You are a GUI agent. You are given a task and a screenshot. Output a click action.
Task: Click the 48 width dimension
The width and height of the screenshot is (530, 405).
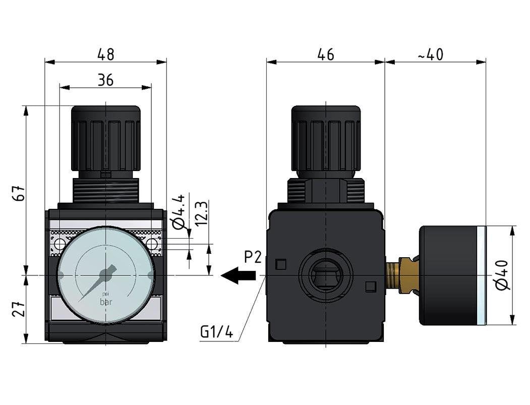pyautogui.click(x=105, y=54)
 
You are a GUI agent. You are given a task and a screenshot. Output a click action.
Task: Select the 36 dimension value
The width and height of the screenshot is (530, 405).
pyautogui.click(x=105, y=80)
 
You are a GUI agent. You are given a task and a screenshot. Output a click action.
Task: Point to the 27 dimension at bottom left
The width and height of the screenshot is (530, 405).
pyautogui.click(x=19, y=309)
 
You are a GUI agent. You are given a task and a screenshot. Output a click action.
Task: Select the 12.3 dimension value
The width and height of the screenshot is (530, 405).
pyautogui.click(x=201, y=213)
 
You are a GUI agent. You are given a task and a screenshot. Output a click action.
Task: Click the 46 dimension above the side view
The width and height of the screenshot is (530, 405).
pyautogui.click(x=326, y=54)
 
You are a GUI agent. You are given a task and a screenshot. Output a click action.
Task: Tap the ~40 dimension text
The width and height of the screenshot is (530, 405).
pyautogui.click(x=430, y=54)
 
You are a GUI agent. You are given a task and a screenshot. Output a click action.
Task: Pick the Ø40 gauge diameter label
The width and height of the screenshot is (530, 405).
pyautogui.click(x=503, y=275)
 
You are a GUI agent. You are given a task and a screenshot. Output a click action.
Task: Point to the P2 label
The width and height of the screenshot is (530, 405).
pyautogui.click(x=253, y=258)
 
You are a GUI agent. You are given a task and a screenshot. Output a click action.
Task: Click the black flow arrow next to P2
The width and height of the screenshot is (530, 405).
pyautogui.click(x=238, y=276)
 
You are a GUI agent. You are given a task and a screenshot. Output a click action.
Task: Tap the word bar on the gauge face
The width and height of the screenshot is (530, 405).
pyautogui.click(x=106, y=303)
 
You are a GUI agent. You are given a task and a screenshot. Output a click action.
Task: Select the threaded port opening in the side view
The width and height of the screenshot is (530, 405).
pyautogui.click(x=326, y=275)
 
